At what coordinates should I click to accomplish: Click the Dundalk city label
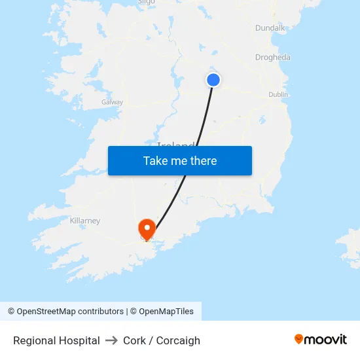tap(270, 28)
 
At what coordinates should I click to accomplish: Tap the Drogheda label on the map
tap(272, 58)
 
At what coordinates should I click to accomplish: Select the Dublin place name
tap(278, 95)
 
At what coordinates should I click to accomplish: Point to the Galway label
tap(112, 102)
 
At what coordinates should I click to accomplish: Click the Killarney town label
tap(85, 221)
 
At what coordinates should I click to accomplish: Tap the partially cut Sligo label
tap(147, 3)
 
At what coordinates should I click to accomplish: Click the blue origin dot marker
tap(213, 80)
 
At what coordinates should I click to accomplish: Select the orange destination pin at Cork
tap(147, 228)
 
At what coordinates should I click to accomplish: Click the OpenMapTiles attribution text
tap(166, 312)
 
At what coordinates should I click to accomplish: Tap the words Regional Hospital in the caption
tap(56, 340)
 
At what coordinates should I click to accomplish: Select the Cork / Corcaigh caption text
tap(162, 340)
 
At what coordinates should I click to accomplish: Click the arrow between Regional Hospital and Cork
tap(111, 340)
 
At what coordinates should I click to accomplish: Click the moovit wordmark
tap(326, 339)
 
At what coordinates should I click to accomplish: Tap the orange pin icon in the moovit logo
tap(299, 339)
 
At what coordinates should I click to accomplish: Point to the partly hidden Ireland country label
tap(175, 143)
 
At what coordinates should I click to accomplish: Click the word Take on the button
tap(155, 161)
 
